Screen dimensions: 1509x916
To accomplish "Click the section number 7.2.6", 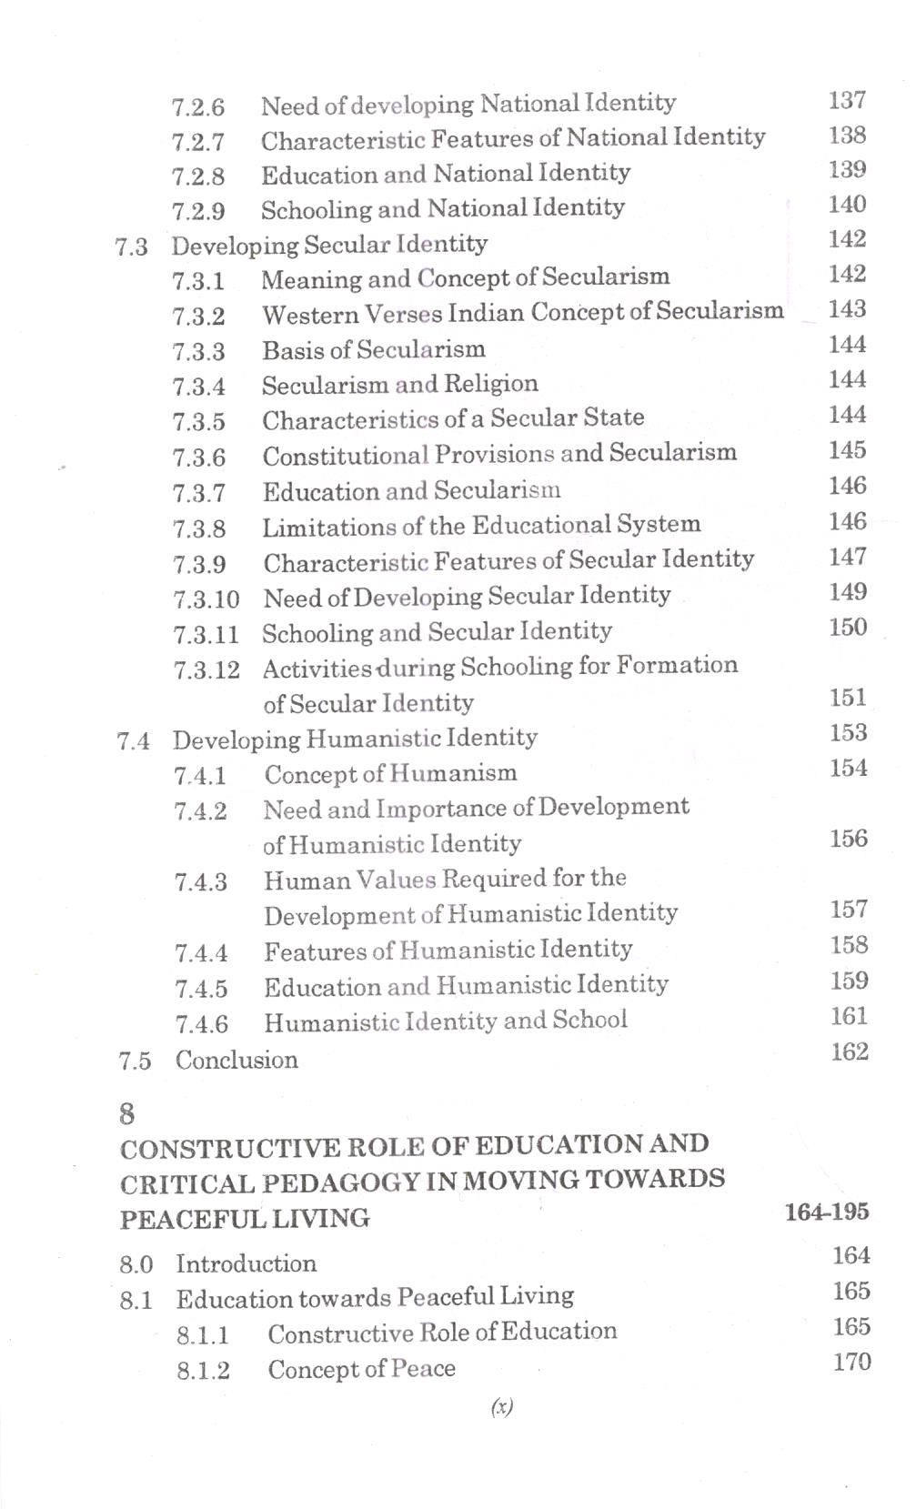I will (x=197, y=107).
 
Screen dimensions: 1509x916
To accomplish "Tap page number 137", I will (x=846, y=100).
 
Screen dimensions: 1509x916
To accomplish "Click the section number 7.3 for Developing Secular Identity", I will (x=132, y=246).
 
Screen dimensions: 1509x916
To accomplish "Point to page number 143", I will (x=847, y=310).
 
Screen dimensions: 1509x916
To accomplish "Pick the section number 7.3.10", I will (x=206, y=599).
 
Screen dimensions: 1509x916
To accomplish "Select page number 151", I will (x=848, y=699).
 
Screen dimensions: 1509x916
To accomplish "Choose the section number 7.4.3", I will (x=201, y=882).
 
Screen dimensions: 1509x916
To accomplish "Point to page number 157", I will (x=849, y=910).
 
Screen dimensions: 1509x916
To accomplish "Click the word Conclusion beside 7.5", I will (x=237, y=1061).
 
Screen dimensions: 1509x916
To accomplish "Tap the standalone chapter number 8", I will (x=127, y=1114).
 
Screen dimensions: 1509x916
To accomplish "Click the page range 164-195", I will (x=826, y=1212).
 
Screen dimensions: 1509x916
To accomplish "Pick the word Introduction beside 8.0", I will (x=246, y=1264).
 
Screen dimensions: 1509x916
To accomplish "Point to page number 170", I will (x=851, y=1363).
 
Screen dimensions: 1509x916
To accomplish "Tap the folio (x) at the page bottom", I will (x=501, y=1407).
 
